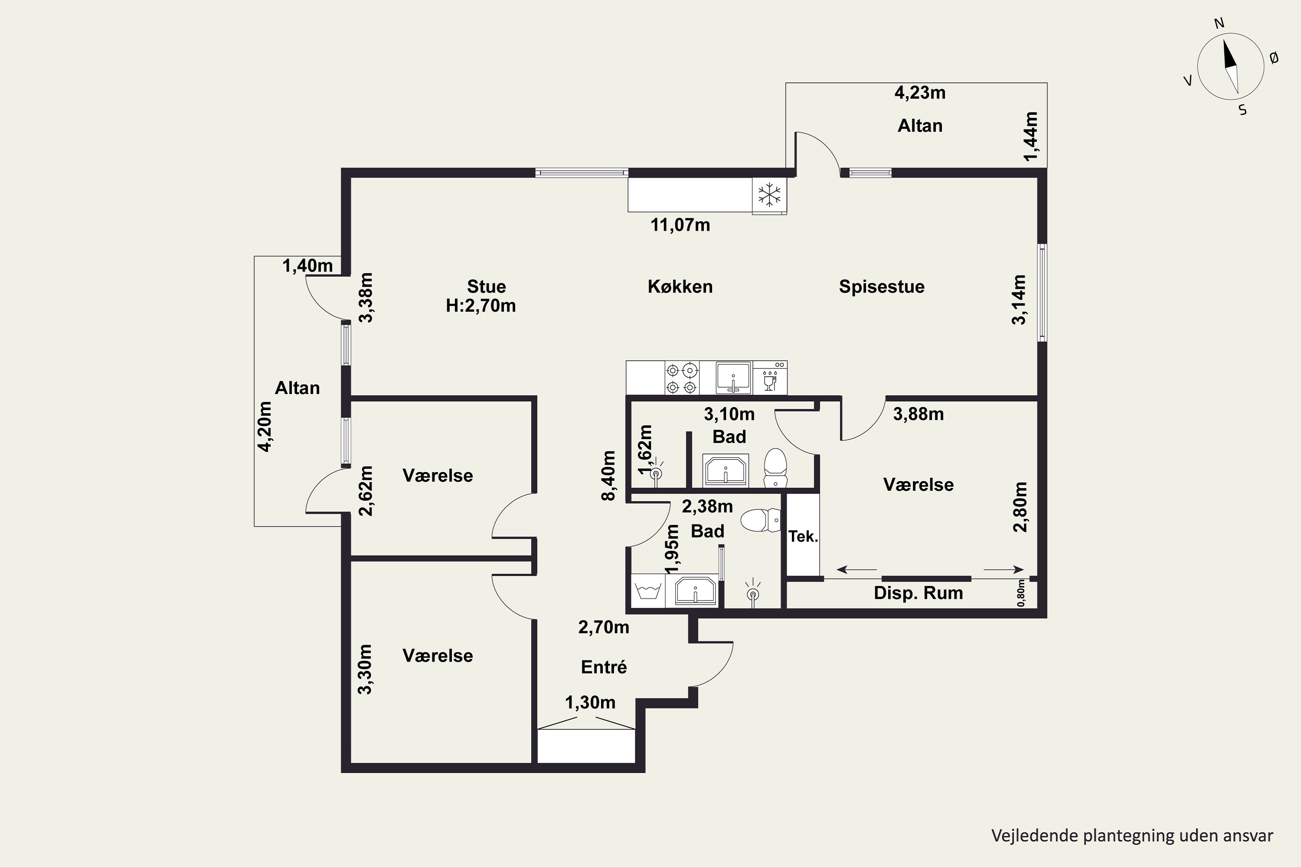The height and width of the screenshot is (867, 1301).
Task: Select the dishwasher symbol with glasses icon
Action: [770, 378]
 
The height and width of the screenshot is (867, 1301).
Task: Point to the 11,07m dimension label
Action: [680, 225]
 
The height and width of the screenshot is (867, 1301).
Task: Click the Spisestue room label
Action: [882, 287]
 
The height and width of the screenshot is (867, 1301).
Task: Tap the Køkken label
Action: [680, 287]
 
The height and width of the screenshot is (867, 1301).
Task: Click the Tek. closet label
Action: [803, 536]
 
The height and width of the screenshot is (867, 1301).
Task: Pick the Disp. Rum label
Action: [918, 593]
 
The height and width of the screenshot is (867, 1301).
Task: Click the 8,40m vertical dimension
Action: [608, 476]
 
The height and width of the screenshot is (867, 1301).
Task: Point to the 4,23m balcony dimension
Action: [920, 92]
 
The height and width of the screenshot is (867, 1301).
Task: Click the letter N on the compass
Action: [1219, 38]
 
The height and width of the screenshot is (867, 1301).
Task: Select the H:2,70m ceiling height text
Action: [481, 305]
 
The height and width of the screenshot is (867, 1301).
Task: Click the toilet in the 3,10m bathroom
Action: [775, 468]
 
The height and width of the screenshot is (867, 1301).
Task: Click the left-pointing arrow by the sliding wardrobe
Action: [857, 569]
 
